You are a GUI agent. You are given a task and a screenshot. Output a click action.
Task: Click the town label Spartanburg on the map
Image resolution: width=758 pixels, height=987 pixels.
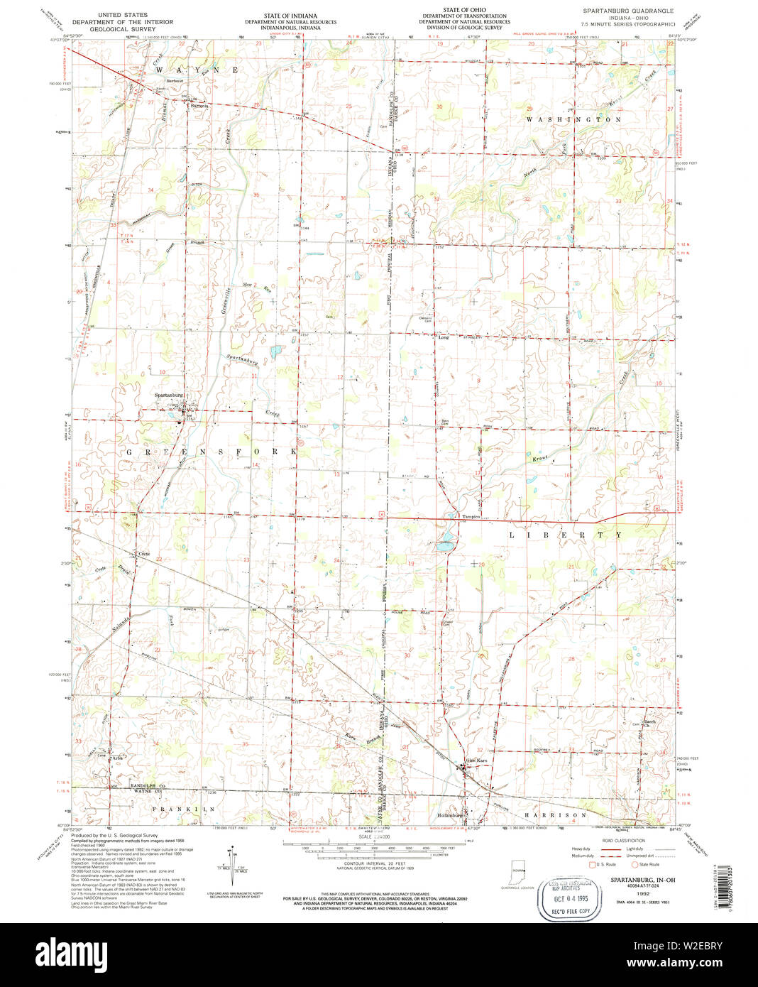coord(169,395)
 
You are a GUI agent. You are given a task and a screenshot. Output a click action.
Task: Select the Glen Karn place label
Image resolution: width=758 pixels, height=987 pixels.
coord(476,760)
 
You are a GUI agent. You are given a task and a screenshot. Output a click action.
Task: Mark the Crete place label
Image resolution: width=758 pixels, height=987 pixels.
coord(144,553)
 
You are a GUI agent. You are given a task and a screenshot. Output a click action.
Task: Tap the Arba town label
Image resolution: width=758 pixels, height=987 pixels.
coord(118,757)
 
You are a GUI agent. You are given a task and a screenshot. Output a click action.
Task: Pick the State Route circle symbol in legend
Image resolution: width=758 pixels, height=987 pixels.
coord(635,864)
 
